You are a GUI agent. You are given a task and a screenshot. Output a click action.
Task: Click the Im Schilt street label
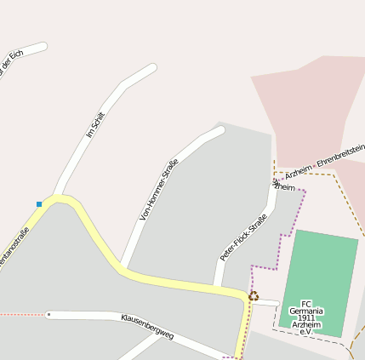[95, 124]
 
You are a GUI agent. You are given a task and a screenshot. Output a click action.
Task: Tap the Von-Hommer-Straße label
[159, 189]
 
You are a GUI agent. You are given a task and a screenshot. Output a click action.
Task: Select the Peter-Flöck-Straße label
[243, 237]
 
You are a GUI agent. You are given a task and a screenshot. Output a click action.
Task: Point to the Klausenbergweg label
[147, 326]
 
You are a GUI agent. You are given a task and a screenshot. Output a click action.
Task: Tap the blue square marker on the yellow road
[39, 204]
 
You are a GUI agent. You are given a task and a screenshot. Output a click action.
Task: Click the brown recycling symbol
[254, 296]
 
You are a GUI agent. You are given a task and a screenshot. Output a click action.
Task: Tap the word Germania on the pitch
[306, 311]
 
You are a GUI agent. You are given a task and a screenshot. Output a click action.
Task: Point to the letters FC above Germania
[306, 304]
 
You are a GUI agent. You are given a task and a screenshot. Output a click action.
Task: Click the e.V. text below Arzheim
[306, 332]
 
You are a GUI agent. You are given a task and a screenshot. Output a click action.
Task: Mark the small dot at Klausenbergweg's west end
[48, 315]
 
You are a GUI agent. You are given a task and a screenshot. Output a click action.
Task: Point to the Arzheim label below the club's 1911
[306, 324]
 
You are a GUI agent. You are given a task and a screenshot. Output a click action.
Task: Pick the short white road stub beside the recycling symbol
[268, 302]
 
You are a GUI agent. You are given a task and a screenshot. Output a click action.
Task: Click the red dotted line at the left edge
[21, 315]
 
